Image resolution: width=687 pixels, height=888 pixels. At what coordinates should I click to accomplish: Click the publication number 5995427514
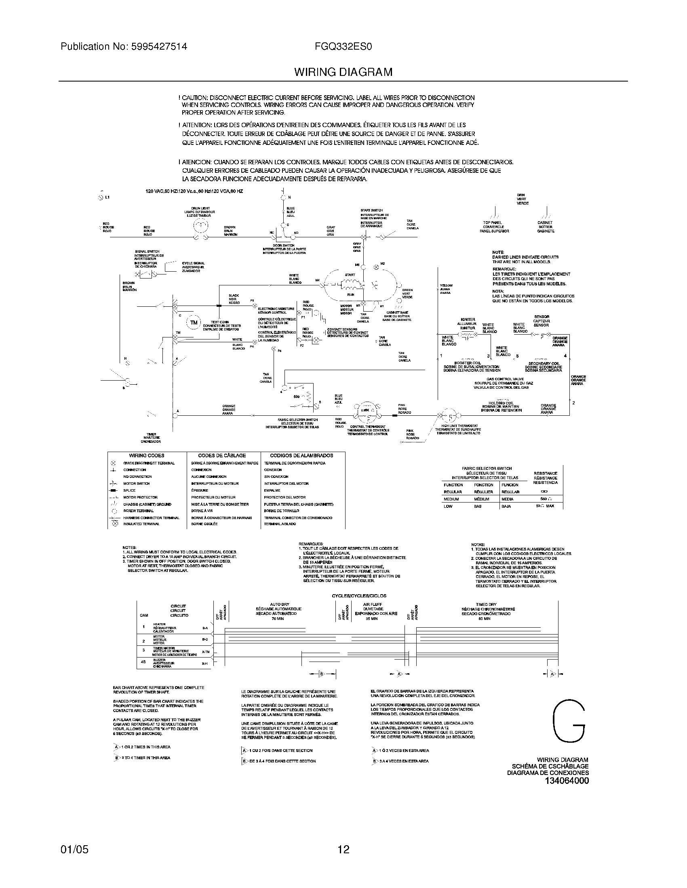(160, 47)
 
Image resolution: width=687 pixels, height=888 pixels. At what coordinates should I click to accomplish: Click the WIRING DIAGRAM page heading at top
(343, 72)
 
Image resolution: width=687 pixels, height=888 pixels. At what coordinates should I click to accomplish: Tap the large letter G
(569, 722)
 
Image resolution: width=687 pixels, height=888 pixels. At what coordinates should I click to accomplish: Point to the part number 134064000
(566, 781)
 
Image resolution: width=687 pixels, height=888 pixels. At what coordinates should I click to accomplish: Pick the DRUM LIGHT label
(200, 208)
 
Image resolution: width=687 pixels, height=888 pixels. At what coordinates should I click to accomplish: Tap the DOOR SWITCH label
(284, 245)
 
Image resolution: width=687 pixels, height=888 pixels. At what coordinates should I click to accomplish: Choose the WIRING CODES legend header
(147, 456)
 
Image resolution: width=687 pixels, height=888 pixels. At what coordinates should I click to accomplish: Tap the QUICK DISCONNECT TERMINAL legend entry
(149, 463)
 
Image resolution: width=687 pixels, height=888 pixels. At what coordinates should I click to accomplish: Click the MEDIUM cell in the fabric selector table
(451, 499)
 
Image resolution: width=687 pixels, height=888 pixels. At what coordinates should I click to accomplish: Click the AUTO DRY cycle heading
(278, 604)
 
